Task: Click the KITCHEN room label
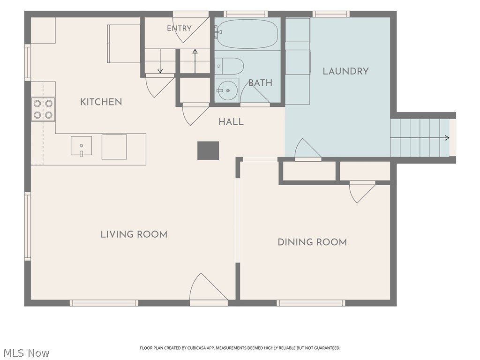coord(101,102)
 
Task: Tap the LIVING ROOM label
coord(134,234)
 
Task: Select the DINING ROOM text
coord(312,242)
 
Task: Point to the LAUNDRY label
coord(345,71)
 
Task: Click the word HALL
coord(231,122)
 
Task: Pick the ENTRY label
coord(179,29)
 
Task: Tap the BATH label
coord(260,83)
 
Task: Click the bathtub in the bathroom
coord(247,34)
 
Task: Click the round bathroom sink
coord(226,90)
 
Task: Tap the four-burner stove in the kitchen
coord(43,109)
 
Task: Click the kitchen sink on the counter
coord(81,146)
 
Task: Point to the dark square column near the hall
coord(208,150)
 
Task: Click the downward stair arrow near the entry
coord(160,61)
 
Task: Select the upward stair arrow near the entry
coord(195,61)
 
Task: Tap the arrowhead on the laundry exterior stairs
coord(447,138)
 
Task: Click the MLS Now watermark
coord(26,353)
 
